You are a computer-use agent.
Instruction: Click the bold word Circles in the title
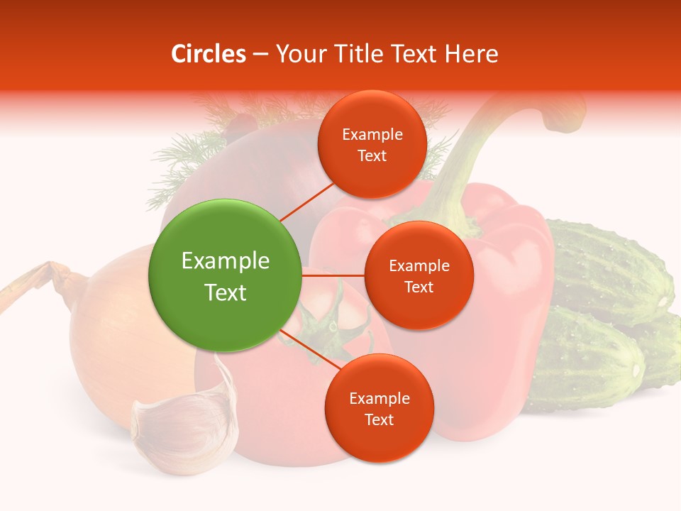click(x=209, y=54)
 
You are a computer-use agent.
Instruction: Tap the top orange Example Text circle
click(x=372, y=145)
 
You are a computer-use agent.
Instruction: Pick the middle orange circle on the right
click(x=419, y=276)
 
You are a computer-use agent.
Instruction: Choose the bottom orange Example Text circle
click(x=379, y=409)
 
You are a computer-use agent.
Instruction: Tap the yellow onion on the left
click(x=113, y=334)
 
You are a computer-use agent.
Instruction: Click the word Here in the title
click(x=472, y=54)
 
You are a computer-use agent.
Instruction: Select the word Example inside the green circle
click(x=226, y=261)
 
